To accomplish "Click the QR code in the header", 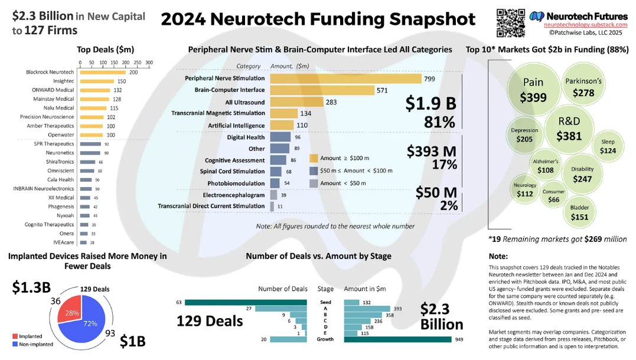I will pyautogui.click(x=510, y=23).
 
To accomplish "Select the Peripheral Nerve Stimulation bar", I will pyautogui.click(x=345, y=78).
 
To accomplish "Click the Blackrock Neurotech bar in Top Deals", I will pyautogui.click(x=103, y=72).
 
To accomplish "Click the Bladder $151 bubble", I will pyautogui.click(x=579, y=212).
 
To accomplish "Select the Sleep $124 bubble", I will pyautogui.click(x=608, y=147).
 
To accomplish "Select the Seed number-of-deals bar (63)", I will pyautogui.click(x=246, y=303).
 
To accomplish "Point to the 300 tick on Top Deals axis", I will pyautogui.click(x=149, y=62).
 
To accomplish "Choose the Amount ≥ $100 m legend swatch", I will pyautogui.click(x=314, y=158).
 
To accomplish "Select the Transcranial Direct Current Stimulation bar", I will pyautogui.click(x=272, y=206).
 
